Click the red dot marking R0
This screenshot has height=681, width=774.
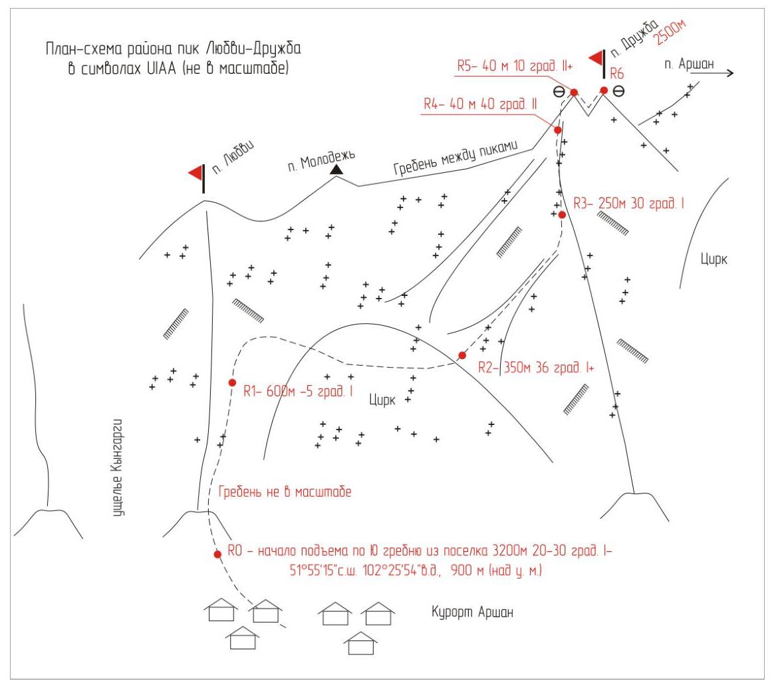click(x=217, y=554)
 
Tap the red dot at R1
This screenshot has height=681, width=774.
click(x=232, y=382)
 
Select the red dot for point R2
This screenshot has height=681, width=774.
click(x=463, y=355)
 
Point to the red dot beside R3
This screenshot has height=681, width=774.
click(x=562, y=215)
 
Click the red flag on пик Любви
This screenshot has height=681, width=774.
click(x=195, y=173)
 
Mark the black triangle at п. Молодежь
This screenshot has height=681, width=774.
click(x=337, y=170)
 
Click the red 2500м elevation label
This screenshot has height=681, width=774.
click(x=670, y=32)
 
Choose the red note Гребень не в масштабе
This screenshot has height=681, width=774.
click(x=285, y=493)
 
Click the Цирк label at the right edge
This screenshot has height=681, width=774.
click(x=714, y=259)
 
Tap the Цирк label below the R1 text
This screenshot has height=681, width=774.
click(x=382, y=400)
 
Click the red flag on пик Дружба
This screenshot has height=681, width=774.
click(x=596, y=58)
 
